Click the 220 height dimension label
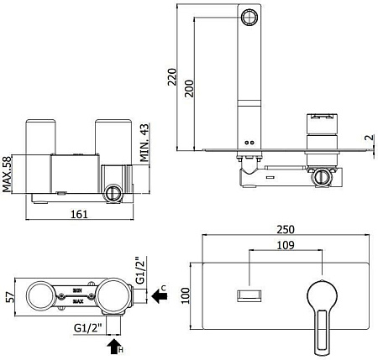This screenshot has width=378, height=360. tap(172, 76)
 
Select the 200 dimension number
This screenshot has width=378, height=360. tap(189, 88)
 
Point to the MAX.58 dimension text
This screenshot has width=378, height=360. tap(7, 174)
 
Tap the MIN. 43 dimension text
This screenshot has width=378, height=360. tap(144, 143)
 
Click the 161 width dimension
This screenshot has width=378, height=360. tap(79, 214)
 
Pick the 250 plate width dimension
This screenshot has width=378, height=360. tap(286, 229)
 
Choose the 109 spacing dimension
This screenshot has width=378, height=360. tap(286, 245)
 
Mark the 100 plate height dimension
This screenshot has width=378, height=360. tap(186, 295)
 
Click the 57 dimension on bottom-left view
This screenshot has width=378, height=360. tap(9, 297)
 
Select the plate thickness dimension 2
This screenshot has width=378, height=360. tap(370, 138)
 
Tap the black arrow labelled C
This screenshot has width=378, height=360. tap(160, 296)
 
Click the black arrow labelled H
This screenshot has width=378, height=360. tap(114, 347)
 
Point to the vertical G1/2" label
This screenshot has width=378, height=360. tap(141, 270)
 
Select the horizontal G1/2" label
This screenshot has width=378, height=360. tap(87, 328)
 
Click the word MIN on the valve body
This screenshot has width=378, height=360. tap(77, 290)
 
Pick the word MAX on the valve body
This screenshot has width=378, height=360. tap(78, 301)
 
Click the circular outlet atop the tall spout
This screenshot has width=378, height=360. tap(249, 17)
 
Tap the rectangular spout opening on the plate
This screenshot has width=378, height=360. tap(249, 296)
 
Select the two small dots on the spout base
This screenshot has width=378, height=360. tap(249, 143)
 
